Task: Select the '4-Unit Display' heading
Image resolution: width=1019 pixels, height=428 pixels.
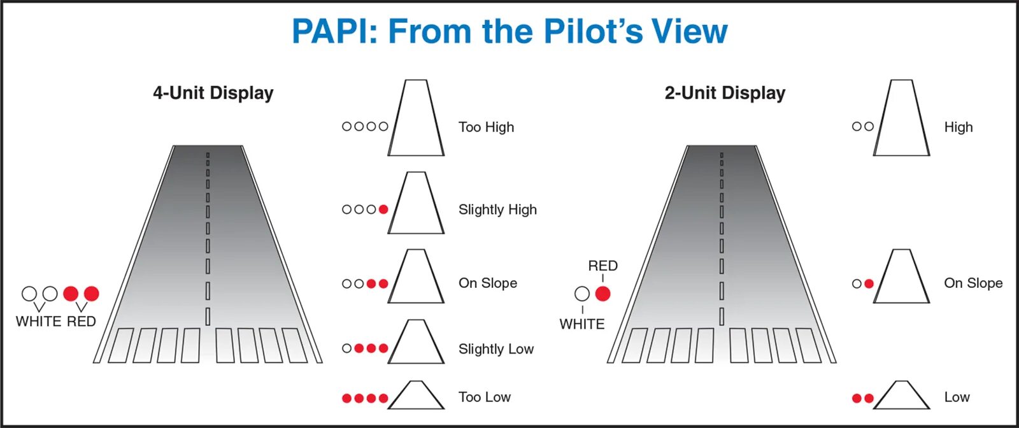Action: tap(213, 93)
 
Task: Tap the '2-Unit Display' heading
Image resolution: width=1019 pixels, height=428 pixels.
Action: tap(725, 93)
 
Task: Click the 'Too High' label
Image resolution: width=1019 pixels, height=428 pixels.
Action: tap(486, 127)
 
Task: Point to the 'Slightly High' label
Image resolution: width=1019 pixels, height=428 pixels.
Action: tap(497, 210)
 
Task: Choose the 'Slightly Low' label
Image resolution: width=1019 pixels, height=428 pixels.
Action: tap(495, 349)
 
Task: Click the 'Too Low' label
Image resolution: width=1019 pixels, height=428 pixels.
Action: tap(484, 397)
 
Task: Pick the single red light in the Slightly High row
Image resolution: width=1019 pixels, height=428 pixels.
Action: tap(383, 210)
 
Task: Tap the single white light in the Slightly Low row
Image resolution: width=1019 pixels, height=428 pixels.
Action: tap(346, 348)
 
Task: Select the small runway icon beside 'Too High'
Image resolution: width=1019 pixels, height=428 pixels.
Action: tap(417, 118)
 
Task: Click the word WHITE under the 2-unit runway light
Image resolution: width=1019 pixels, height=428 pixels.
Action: tap(581, 324)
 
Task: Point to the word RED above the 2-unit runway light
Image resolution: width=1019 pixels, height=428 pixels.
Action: tap(602, 266)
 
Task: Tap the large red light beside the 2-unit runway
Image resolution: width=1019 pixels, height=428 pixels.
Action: tap(602, 294)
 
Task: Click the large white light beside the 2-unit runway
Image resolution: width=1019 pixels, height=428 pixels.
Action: tap(582, 294)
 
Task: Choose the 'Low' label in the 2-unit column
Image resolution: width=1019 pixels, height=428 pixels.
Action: tap(957, 397)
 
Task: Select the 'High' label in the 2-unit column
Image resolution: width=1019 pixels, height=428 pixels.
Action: tap(958, 127)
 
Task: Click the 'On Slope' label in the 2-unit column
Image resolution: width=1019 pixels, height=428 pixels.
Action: tap(973, 283)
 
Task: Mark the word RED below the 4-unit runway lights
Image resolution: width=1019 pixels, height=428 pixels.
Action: tap(81, 322)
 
